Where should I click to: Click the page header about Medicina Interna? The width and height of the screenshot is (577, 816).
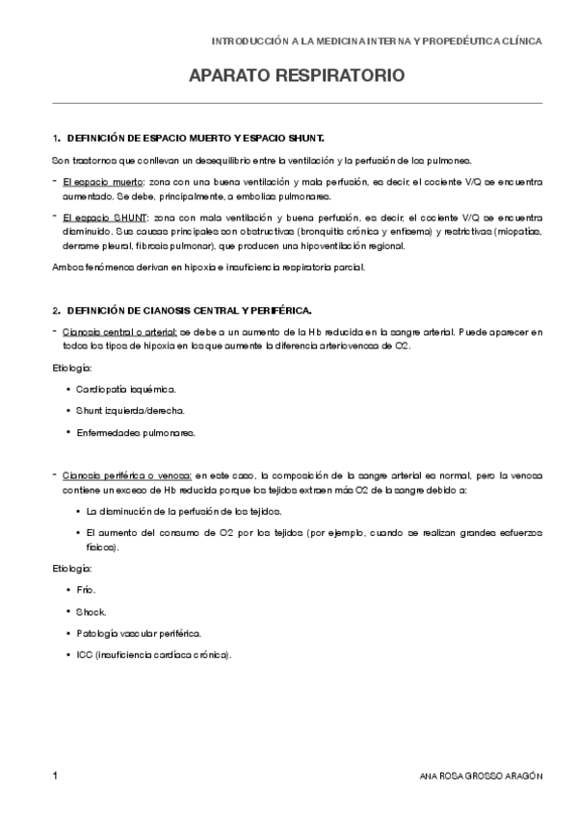pos(377,42)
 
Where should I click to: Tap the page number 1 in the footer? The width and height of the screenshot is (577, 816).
pos(57,776)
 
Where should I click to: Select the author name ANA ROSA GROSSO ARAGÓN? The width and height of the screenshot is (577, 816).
pos(482,777)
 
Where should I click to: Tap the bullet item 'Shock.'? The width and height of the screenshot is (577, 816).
pos(92,612)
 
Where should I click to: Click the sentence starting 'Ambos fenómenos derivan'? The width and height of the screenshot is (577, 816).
pos(208,267)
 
